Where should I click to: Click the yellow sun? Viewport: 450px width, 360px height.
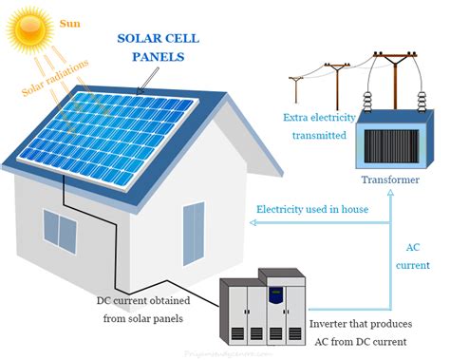(x=26, y=30)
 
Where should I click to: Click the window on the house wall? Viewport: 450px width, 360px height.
(x=59, y=230)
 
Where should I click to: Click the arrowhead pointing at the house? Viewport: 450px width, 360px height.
(x=252, y=223)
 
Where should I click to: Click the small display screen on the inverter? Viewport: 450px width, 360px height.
(x=274, y=293)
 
